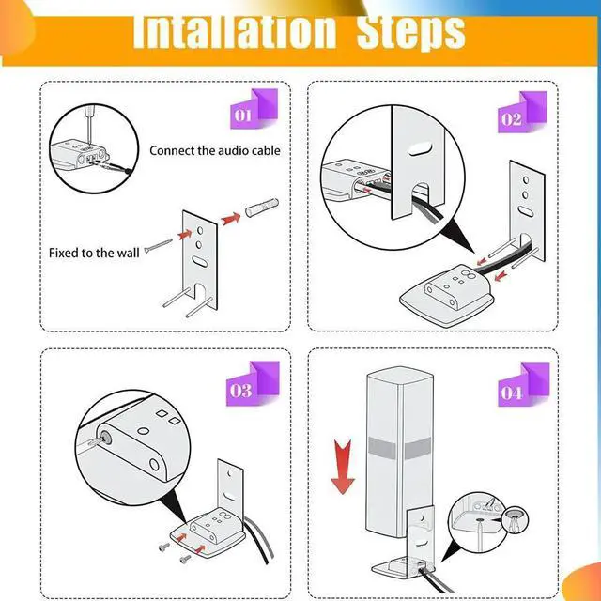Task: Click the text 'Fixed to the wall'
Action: (94, 253)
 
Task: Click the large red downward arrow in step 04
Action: (342, 467)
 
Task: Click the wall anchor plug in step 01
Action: (262, 206)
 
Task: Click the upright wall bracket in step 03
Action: (230, 488)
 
